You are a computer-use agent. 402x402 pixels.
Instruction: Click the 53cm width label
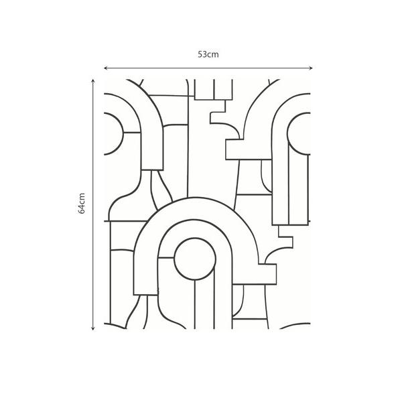(208, 54)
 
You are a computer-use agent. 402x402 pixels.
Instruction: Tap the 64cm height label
(81, 203)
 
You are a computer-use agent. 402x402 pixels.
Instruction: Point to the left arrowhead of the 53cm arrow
(105, 68)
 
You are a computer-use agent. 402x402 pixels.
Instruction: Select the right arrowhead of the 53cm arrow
(311, 68)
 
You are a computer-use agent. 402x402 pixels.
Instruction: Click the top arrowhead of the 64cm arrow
(93, 81)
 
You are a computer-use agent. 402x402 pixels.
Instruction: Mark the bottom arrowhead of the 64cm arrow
(93, 328)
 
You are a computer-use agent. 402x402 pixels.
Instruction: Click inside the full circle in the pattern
(195, 259)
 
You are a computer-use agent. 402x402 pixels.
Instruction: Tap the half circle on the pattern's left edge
(114, 134)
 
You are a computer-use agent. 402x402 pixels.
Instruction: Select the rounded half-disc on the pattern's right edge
(299, 134)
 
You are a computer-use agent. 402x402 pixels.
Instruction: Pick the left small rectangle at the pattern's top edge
(204, 89)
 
